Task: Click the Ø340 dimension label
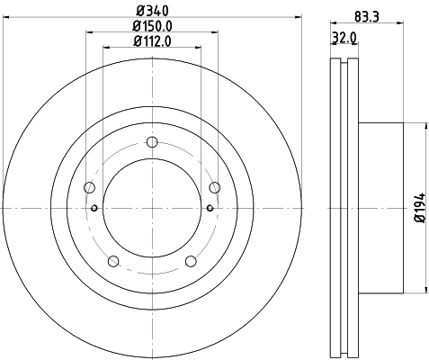click(153, 11)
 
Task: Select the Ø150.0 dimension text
click(153, 26)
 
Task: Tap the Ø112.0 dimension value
click(153, 41)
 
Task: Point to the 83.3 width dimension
click(367, 16)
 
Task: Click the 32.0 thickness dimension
click(344, 38)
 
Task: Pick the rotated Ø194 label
click(420, 208)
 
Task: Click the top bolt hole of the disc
click(152, 142)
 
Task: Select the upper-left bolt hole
click(89, 187)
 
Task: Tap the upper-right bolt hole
click(215, 187)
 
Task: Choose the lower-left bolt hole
click(113, 261)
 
